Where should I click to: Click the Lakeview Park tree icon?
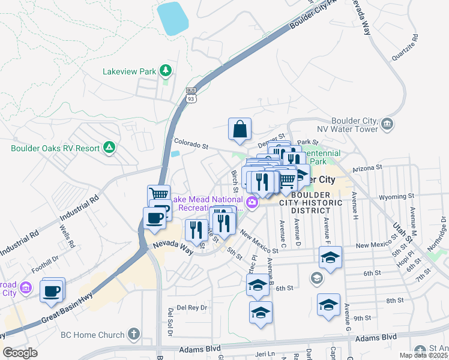point(165,71)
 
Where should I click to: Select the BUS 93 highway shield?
point(191,97)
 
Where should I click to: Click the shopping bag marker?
point(240,129)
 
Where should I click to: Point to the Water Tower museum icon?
point(388,124)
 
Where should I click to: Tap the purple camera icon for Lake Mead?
point(253,203)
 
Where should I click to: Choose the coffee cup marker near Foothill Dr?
point(52,292)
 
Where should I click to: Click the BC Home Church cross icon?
point(133,334)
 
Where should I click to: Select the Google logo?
point(20,353)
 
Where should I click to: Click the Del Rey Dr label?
point(187,307)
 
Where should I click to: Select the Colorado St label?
point(190,144)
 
